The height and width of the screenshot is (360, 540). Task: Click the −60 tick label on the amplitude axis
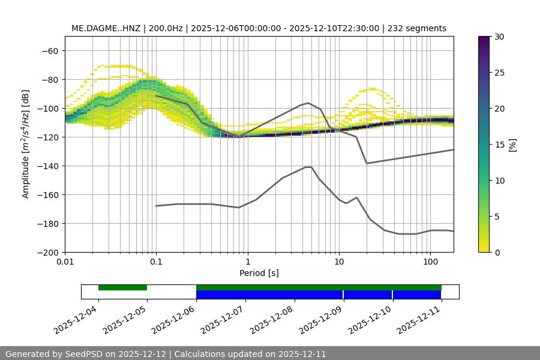click(49, 50)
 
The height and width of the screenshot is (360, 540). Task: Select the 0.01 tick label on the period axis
click(65, 262)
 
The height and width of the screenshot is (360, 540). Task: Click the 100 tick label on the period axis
click(430, 262)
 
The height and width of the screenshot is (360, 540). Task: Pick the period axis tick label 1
click(247, 262)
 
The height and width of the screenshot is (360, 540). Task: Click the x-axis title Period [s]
click(259, 273)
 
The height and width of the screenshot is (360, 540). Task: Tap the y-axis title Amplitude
click(26, 144)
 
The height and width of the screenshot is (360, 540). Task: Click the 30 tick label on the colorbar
click(499, 37)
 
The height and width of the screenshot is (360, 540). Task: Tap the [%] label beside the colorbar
click(513, 145)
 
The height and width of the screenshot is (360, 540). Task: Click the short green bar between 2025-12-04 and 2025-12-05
click(122, 287)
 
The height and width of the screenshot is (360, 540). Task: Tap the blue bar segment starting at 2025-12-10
click(417, 295)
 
